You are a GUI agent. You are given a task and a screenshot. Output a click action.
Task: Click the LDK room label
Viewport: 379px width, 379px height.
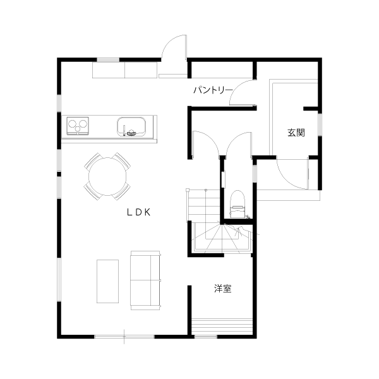tap(139, 212)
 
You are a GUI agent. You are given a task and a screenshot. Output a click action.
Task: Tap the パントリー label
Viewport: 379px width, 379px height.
tap(212, 90)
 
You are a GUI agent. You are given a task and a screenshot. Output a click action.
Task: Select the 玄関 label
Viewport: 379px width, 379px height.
tap(296, 133)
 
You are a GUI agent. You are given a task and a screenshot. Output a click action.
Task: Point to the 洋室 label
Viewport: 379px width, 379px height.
tap(222, 289)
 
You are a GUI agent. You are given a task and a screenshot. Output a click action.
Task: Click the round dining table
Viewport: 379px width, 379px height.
tap(107, 176)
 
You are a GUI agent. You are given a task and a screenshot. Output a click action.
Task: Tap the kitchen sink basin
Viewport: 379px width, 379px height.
tap(131, 126)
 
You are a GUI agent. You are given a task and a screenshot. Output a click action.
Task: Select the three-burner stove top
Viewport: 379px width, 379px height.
tap(78, 126)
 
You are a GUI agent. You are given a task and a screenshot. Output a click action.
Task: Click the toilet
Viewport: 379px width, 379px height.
tap(237, 204)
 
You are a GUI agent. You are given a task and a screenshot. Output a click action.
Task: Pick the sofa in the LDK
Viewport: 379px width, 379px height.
tap(145, 280)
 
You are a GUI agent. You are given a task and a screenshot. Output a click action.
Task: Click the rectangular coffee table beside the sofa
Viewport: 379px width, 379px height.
tap(107, 281)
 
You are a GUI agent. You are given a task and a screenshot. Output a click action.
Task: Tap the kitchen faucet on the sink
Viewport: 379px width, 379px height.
tap(124, 131)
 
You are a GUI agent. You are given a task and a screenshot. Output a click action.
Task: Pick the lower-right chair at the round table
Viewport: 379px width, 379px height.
tap(123, 191)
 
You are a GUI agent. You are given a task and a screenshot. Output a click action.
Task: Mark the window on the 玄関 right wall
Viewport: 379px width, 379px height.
tap(320, 124)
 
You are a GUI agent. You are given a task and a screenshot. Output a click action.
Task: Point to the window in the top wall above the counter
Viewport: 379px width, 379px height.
tap(108, 60)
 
